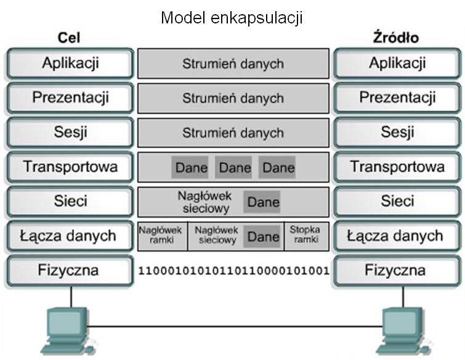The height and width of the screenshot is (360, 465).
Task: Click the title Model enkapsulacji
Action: coord(232,18)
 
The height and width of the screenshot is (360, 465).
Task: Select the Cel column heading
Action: coord(70,38)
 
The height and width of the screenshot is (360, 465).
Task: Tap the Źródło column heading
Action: coord(396,38)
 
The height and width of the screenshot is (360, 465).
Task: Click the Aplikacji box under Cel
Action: coord(70,63)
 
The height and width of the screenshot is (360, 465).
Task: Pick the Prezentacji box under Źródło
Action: coord(397,98)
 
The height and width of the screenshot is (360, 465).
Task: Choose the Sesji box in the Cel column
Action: coord(70,133)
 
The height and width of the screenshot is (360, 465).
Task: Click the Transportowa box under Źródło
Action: coord(397,166)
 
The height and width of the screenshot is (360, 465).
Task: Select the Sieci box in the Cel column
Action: coord(70,201)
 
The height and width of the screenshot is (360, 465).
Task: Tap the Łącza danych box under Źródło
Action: coord(397,235)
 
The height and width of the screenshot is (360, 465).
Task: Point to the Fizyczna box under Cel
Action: coord(70,270)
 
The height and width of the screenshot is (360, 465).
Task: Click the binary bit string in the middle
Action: coord(233,270)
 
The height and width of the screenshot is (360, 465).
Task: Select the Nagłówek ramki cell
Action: coord(161,235)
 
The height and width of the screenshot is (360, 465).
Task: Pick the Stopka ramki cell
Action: coord(305,235)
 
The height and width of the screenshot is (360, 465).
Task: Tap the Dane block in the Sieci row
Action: coord(263,202)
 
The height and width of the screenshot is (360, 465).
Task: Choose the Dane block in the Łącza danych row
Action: coord(263,236)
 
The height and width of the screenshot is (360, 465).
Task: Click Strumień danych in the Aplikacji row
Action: coord(233,63)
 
